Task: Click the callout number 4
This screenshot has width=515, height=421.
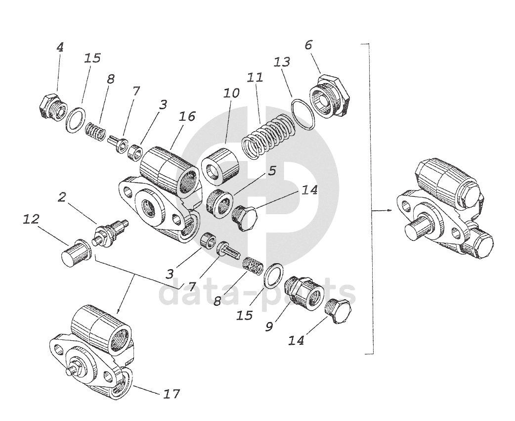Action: point(60,47)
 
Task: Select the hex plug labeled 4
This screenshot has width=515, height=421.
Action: point(51,106)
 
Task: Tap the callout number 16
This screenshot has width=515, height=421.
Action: point(188,116)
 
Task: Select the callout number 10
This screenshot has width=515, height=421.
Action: point(231,93)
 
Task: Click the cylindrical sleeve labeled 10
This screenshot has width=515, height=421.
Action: point(219,168)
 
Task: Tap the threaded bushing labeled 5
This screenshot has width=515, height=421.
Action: point(219,202)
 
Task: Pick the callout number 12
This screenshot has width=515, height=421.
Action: point(31,219)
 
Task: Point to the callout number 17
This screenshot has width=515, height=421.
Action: point(171,394)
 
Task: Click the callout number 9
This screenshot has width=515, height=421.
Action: point(269,327)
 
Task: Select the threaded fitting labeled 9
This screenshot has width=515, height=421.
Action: point(303,294)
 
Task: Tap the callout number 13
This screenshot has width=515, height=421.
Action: point(282,62)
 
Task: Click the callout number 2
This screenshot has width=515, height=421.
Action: point(61,197)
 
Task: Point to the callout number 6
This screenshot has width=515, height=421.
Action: point(308,45)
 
